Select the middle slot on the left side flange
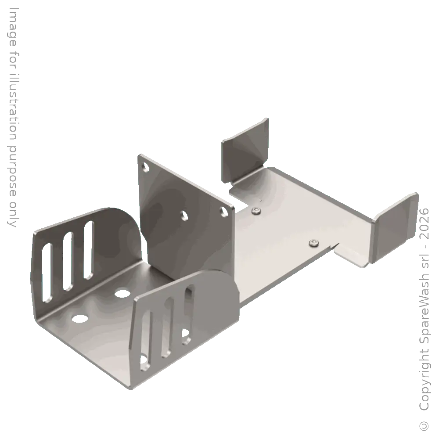[69, 262]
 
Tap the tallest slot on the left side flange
[89, 250]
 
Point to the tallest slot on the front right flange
[189, 313]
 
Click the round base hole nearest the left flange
[80, 317]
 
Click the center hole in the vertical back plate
[184, 215]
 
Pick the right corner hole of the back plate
[224, 212]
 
